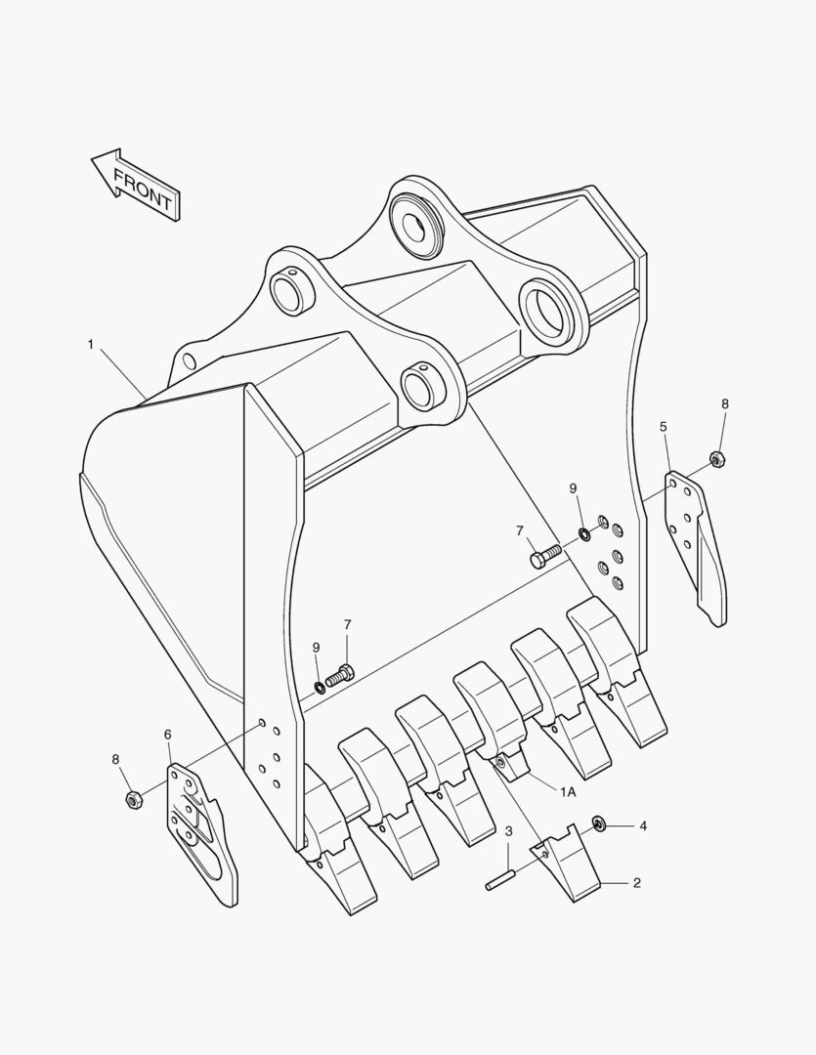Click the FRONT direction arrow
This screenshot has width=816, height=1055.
(x=136, y=184)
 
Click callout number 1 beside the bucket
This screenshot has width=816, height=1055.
(x=90, y=344)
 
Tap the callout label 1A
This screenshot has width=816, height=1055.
(x=568, y=792)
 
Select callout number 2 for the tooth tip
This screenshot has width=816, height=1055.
(x=636, y=883)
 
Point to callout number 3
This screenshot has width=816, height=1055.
(x=509, y=831)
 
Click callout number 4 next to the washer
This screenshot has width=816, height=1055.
(x=642, y=825)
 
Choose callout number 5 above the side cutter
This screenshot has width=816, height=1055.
(x=664, y=427)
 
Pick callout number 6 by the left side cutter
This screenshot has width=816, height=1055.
(x=167, y=734)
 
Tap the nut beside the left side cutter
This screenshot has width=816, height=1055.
(x=135, y=800)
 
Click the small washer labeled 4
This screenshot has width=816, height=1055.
(x=599, y=825)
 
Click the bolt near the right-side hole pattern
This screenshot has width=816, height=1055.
(x=543, y=557)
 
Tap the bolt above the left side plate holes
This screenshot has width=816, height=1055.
(x=339, y=673)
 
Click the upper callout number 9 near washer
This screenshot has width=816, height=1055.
(x=574, y=488)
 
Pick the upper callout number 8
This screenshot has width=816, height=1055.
(x=725, y=403)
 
